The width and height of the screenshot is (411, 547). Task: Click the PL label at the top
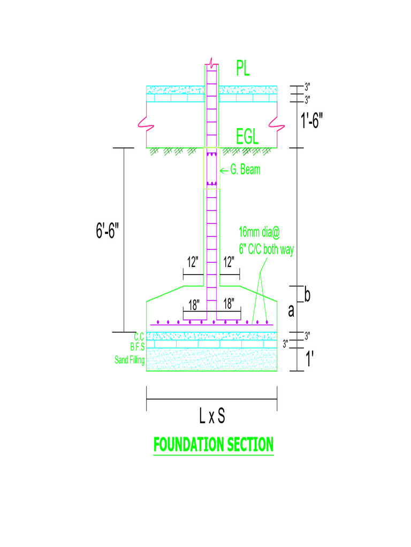[x=243, y=68]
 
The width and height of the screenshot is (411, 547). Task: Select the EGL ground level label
[x=247, y=137]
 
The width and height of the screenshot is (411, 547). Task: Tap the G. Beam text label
[x=246, y=170]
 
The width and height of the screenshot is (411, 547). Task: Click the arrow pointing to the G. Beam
[x=224, y=170]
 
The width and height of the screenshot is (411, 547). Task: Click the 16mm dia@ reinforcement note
[x=259, y=232]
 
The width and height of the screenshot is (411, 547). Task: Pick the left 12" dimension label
[x=193, y=262]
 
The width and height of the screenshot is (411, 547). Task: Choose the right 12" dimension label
[x=229, y=262]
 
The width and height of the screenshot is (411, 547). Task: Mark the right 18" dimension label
[x=229, y=304]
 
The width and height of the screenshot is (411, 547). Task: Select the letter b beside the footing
[x=307, y=294]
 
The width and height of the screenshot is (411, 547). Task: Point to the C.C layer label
[x=139, y=337]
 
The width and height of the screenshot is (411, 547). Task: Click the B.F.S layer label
[x=138, y=347]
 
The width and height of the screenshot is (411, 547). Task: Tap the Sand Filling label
[x=130, y=361]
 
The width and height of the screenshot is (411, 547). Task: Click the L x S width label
[x=212, y=417]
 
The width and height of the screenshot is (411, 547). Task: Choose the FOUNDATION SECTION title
[x=214, y=444]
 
